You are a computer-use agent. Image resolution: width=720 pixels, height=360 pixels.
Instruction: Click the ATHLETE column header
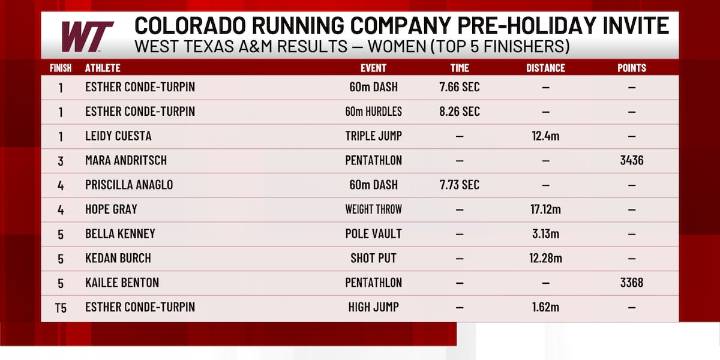click(x=105, y=69)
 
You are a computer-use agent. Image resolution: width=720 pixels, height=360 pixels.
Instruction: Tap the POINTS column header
click(x=631, y=69)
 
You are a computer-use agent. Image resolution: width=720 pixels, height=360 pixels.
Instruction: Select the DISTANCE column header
click(x=545, y=69)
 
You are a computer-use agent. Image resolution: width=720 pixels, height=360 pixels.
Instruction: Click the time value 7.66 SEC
click(x=459, y=87)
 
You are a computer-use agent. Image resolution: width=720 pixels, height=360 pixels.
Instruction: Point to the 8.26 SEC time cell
click(x=459, y=111)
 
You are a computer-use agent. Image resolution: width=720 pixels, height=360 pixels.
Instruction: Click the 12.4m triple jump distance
click(x=545, y=136)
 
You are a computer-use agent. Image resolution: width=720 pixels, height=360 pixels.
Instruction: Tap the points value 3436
click(x=631, y=160)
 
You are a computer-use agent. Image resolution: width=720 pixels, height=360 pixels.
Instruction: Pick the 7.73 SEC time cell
click(x=459, y=185)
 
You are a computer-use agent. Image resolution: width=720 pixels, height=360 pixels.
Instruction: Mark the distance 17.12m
click(x=545, y=210)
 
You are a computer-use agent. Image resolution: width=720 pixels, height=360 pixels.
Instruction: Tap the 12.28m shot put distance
click(x=545, y=259)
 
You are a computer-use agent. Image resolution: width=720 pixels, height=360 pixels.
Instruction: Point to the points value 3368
click(x=631, y=283)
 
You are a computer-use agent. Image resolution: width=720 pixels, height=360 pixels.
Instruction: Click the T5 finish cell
click(x=61, y=308)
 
